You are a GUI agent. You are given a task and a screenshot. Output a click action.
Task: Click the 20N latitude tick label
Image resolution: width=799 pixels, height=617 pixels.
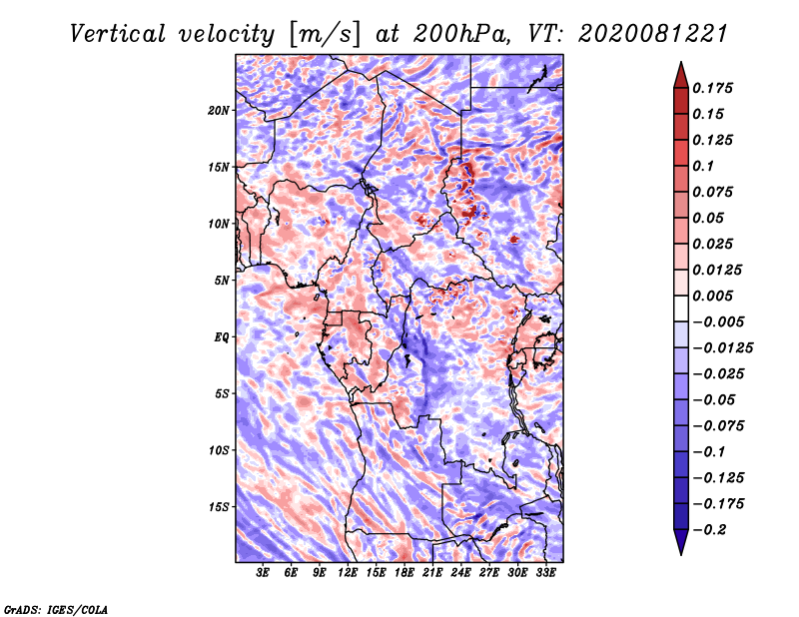click(219, 111)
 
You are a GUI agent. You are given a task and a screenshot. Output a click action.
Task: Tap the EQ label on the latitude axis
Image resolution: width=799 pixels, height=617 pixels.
click(221, 337)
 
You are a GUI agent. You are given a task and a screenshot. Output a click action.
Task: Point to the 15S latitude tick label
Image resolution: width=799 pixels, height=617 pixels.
click(219, 507)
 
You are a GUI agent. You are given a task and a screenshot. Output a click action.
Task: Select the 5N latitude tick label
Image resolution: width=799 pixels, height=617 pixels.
click(222, 281)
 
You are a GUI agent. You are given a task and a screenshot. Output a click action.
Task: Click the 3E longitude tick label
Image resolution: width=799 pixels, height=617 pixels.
click(263, 573)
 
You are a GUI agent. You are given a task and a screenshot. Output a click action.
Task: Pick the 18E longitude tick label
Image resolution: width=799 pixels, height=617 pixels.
click(404, 573)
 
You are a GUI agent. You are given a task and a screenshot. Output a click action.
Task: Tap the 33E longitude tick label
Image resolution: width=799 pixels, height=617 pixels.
click(545, 573)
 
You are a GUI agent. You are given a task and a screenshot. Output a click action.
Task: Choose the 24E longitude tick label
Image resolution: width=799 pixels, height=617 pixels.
click(460, 573)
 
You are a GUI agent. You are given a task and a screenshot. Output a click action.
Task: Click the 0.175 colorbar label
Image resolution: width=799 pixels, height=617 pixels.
click(712, 88)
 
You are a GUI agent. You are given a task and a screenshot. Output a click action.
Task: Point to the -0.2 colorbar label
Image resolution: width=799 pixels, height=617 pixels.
click(709, 530)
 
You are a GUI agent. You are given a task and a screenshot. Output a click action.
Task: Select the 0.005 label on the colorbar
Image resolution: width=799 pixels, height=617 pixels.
click(712, 296)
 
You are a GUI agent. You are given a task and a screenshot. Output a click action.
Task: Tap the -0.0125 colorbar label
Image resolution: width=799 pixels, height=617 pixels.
click(722, 348)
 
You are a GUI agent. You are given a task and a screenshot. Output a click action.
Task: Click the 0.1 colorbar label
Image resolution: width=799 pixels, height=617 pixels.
click(703, 166)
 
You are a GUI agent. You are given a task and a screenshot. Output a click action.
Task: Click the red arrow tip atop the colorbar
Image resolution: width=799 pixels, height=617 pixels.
click(681, 62)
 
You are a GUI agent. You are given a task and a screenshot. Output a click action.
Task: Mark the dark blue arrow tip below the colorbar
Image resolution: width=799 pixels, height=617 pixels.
click(681, 554)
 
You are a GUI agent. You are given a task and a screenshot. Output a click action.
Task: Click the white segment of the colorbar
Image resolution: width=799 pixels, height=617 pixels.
click(681, 308)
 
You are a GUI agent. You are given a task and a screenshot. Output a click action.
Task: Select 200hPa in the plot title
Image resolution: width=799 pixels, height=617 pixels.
click(461, 34)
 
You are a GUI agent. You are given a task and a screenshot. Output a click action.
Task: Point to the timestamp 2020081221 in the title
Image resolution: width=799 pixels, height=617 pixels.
click(653, 34)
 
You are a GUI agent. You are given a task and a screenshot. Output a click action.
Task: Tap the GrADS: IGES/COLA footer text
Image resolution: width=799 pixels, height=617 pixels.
click(56, 609)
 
